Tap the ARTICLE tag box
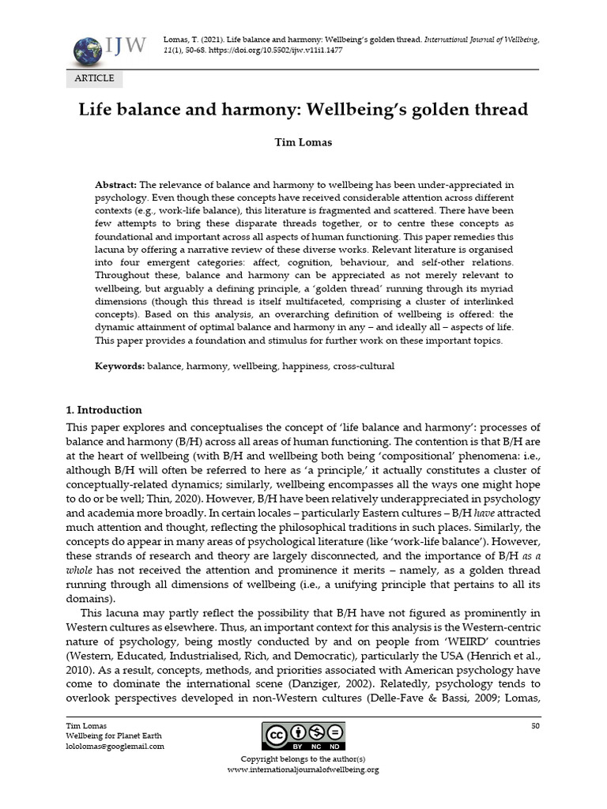coord(94,78)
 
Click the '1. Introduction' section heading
coord(104,410)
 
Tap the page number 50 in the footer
coord(535,725)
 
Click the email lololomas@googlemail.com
coord(115,746)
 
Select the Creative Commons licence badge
coord(303,736)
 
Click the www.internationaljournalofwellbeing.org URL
coord(303,769)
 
